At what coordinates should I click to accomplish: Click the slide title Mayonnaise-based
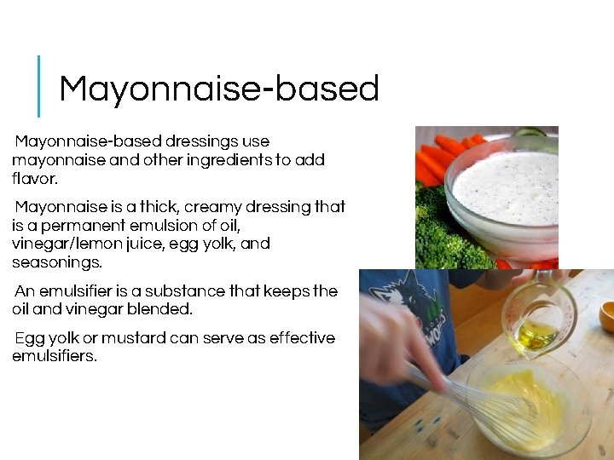[x=218, y=89]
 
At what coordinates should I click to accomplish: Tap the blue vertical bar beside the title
[x=38, y=86]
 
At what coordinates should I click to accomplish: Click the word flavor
[x=34, y=178]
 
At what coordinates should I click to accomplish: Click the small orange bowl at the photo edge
[x=606, y=316]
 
